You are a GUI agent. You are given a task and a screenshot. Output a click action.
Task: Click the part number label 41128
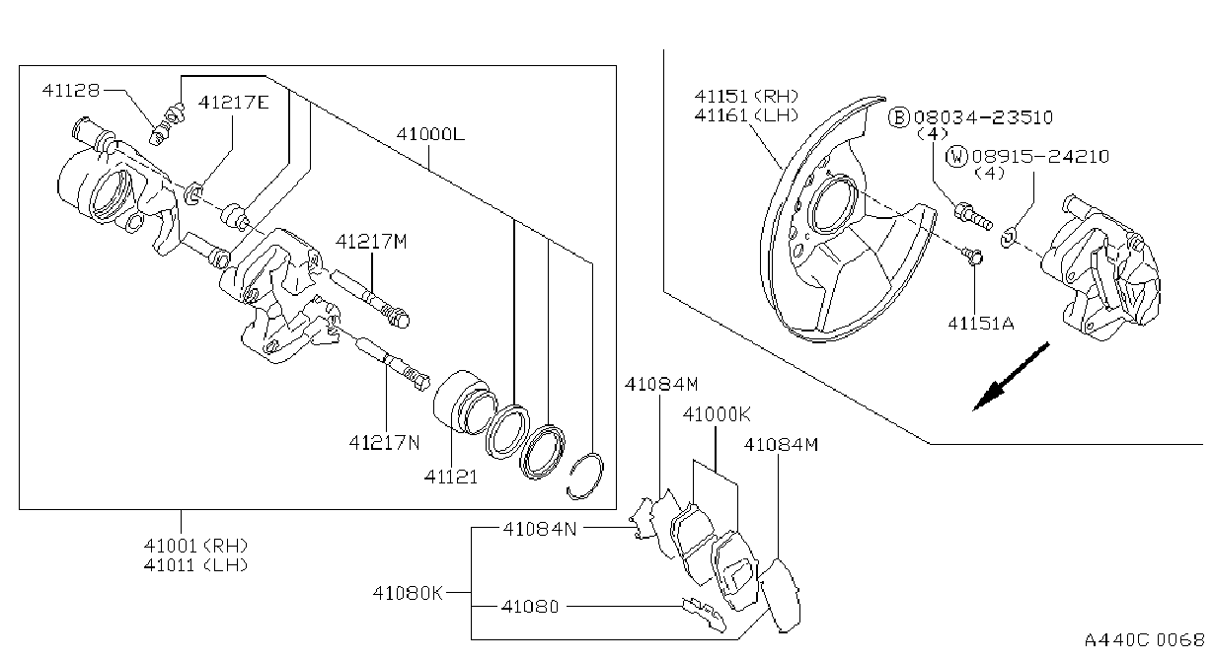pyautogui.click(x=71, y=90)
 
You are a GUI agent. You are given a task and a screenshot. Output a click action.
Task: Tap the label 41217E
pyautogui.click(x=233, y=102)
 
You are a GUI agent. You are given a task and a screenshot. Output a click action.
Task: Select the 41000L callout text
pyautogui.click(x=430, y=133)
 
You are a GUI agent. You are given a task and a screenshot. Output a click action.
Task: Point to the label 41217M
pyautogui.click(x=371, y=242)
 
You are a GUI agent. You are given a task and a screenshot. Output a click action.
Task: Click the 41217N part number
pyautogui.click(x=385, y=443)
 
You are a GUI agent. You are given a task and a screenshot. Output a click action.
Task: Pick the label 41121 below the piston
pyautogui.click(x=451, y=477)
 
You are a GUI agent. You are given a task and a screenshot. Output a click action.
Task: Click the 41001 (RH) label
pyautogui.click(x=196, y=545)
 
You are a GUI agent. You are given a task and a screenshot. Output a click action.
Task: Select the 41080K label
pyautogui.click(x=408, y=593)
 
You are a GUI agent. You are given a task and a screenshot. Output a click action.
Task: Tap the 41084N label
pyautogui.click(x=540, y=529)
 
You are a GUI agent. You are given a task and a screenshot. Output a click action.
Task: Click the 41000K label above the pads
pyautogui.click(x=717, y=414)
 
